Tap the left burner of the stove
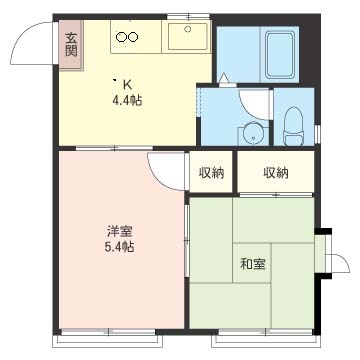tap(121, 37)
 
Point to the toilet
tap(294, 126)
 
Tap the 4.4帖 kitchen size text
tap(127, 100)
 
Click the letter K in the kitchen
tap(127, 85)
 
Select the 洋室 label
tap(120, 231)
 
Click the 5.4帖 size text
tap(120, 247)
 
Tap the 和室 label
tap(253, 264)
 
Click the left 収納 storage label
tap(211, 173)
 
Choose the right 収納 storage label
tap(276, 173)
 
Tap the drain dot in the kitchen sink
tap(188, 29)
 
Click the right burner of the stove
tap(133, 37)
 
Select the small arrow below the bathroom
tap(223, 78)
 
